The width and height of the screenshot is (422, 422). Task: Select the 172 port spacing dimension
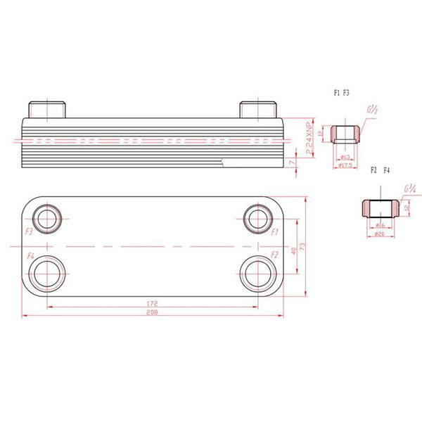coord(151,302)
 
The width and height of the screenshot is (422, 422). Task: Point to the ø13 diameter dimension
coord(345,157)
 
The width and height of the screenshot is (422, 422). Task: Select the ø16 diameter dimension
coord(380,225)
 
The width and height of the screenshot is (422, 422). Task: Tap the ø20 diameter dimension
coord(380,234)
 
